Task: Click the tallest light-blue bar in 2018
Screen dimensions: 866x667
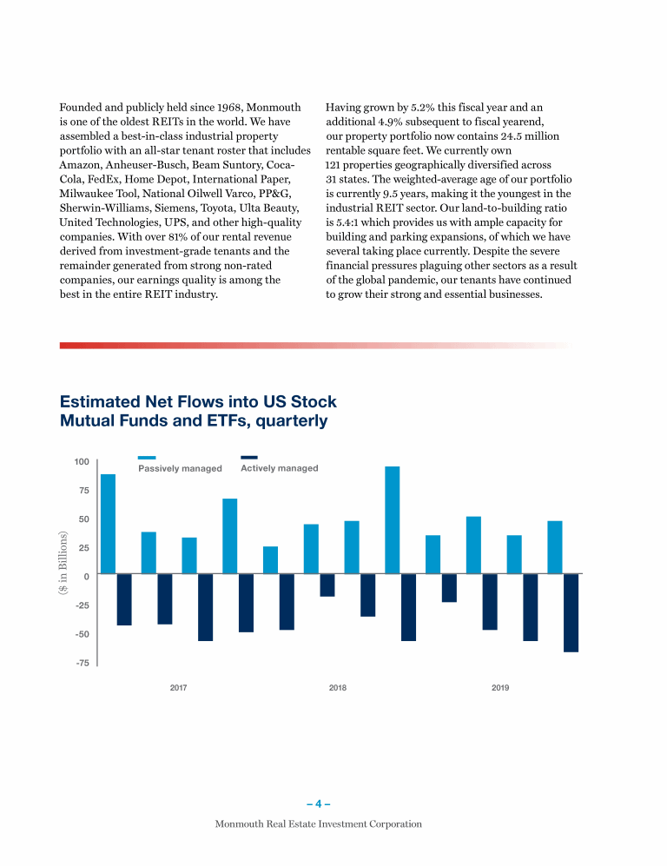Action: point(393,519)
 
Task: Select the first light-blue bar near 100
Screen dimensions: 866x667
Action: point(108,524)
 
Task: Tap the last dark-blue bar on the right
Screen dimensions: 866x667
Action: point(571,612)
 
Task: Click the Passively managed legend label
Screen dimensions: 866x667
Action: point(180,468)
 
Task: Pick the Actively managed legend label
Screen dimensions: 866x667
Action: point(279,468)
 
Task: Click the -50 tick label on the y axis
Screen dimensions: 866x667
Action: point(82,634)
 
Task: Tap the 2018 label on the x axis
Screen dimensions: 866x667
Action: point(338,688)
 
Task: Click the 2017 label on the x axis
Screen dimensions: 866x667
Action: point(179,688)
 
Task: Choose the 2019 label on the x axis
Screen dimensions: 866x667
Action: point(500,688)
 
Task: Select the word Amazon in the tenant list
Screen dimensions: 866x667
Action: point(83,165)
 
